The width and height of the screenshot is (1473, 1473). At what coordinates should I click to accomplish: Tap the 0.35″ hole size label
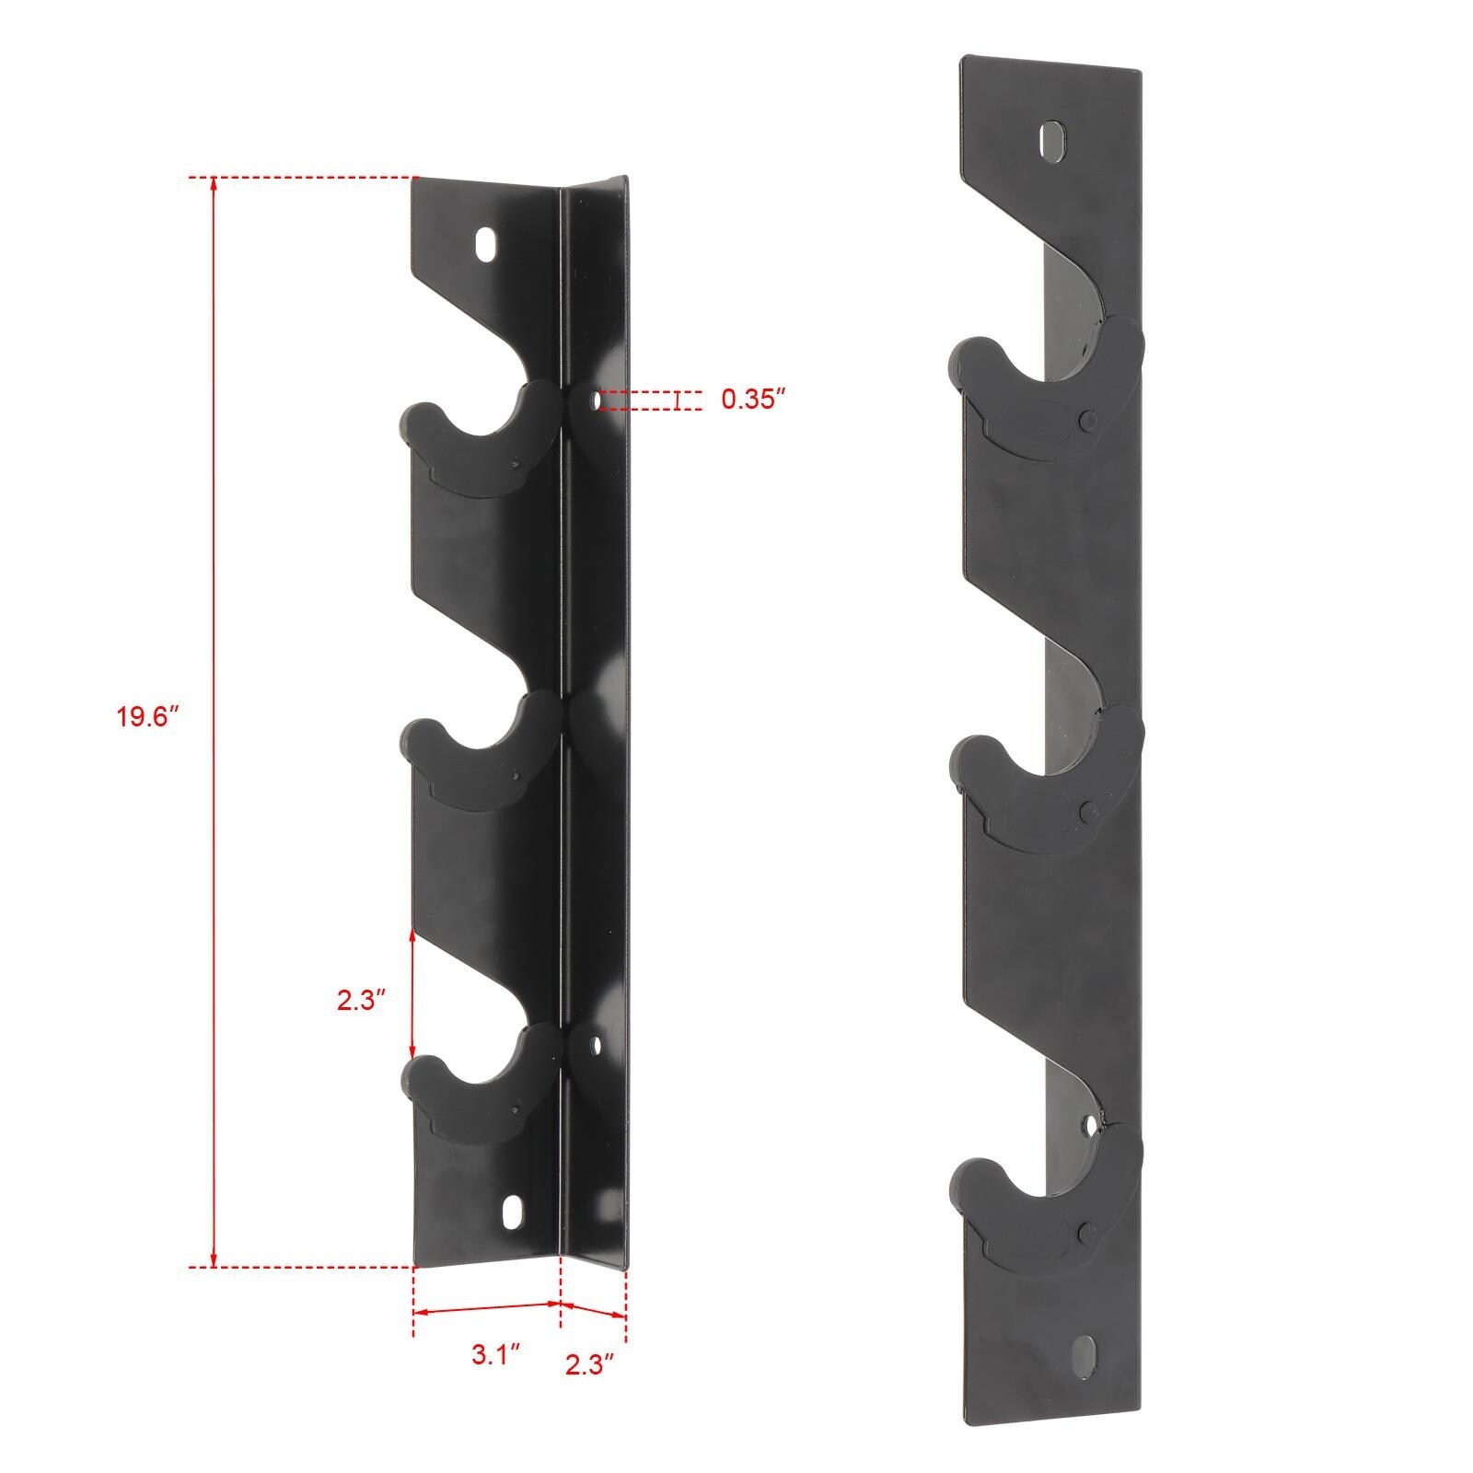tap(753, 400)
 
